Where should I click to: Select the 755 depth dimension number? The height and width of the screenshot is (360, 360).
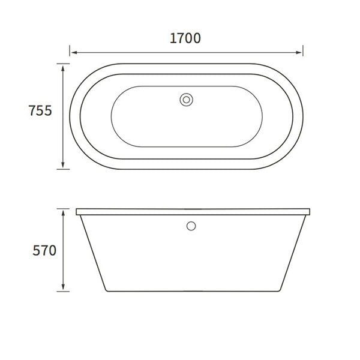pyautogui.click(x=40, y=111)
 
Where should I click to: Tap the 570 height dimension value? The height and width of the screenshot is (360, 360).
pyautogui.click(x=44, y=250)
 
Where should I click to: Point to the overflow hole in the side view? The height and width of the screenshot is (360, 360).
pyautogui.click(x=191, y=226)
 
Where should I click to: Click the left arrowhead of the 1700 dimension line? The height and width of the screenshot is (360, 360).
pyautogui.click(x=73, y=52)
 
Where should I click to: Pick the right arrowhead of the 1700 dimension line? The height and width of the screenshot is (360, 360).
pyautogui.click(x=300, y=52)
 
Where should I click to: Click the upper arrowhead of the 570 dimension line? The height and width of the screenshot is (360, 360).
pyautogui.click(x=64, y=212)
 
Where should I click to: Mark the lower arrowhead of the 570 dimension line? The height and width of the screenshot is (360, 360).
pyautogui.click(x=64, y=288)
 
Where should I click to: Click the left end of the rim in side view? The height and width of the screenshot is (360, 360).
pyautogui.click(x=77, y=212)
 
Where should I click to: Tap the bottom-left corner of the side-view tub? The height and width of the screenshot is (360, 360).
pyautogui.click(x=106, y=291)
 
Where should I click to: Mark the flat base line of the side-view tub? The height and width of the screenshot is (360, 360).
pyautogui.click(x=192, y=292)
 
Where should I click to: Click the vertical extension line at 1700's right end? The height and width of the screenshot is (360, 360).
pyautogui.click(x=303, y=48)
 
